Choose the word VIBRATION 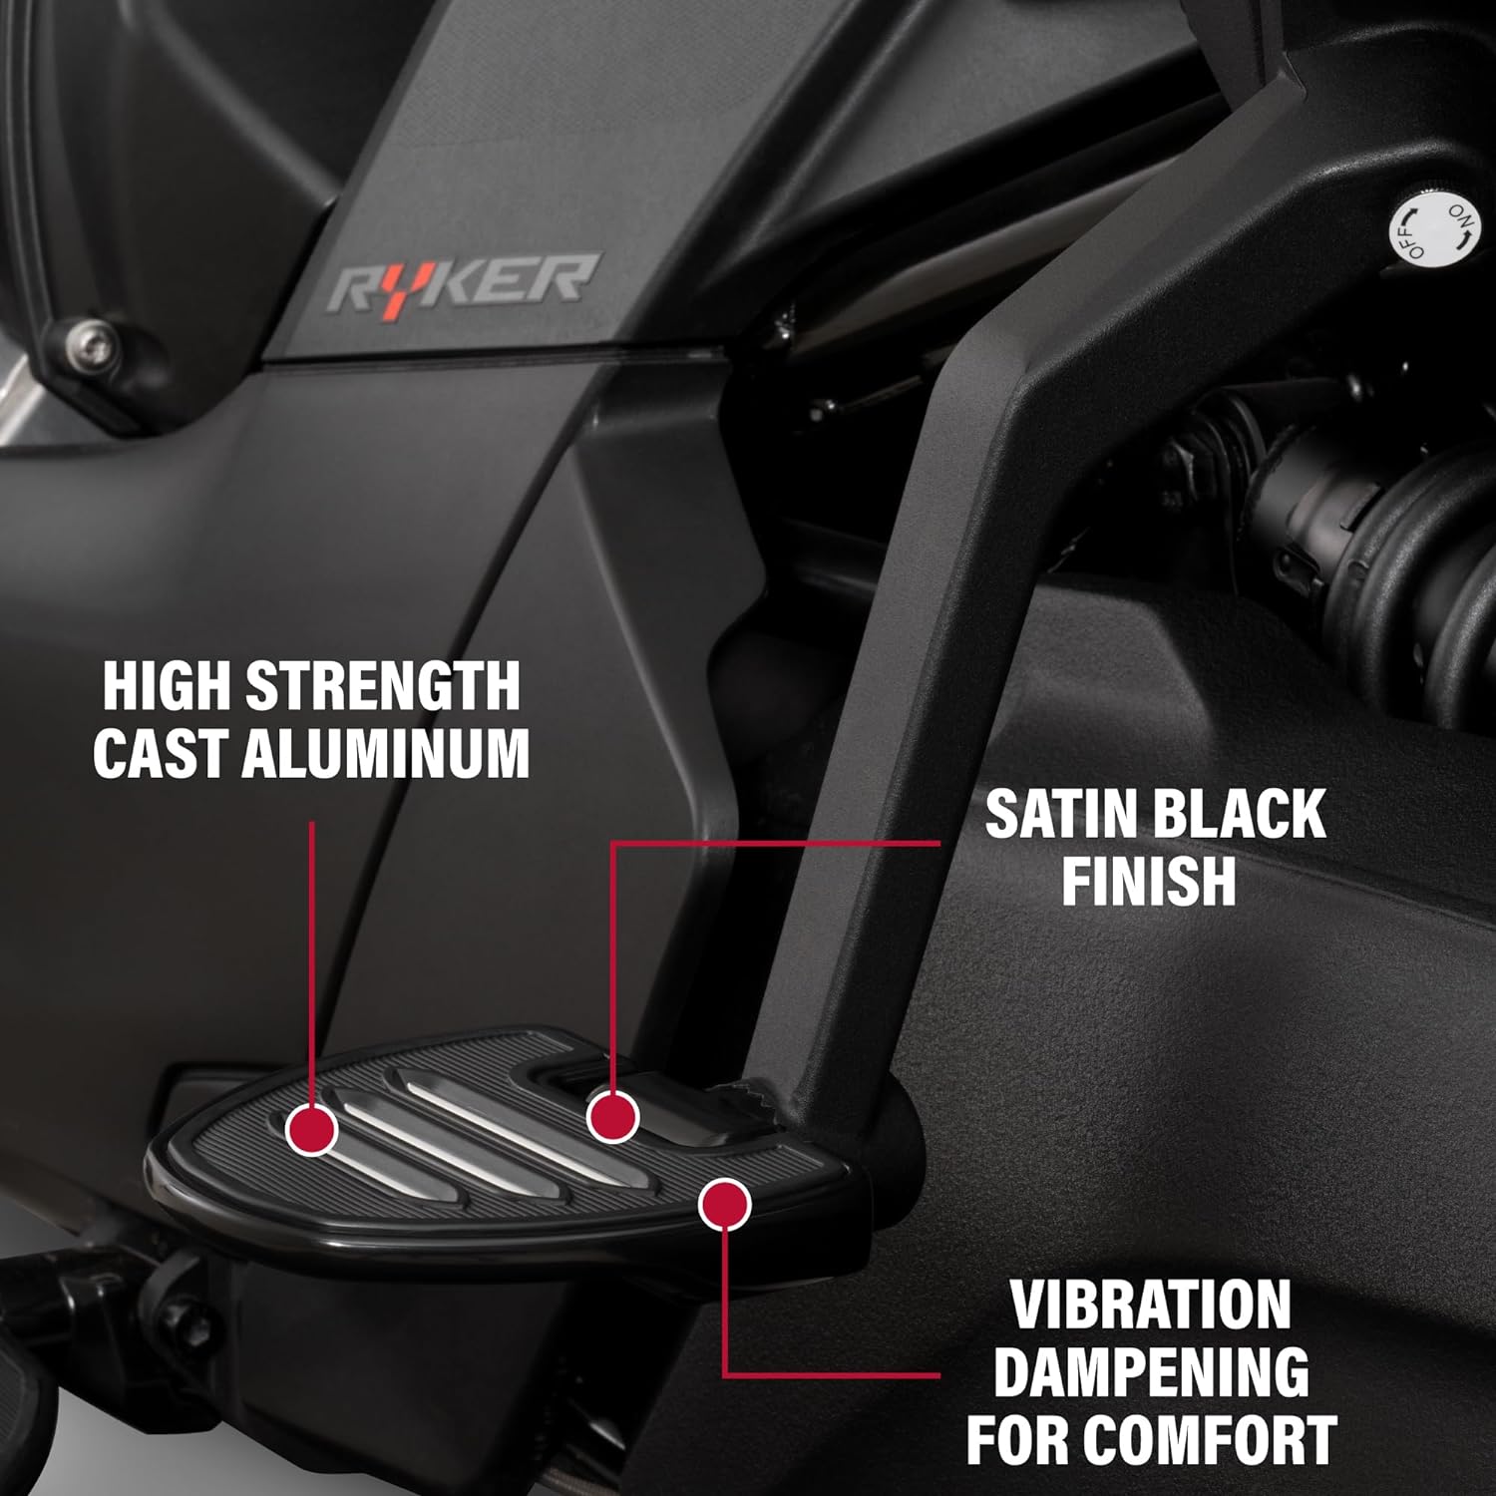[1151, 1306]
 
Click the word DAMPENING [1151, 1372]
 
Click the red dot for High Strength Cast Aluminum [312, 1129]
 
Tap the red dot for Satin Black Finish [611, 1116]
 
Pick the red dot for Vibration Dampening [724, 1205]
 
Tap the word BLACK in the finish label [1243, 814]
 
